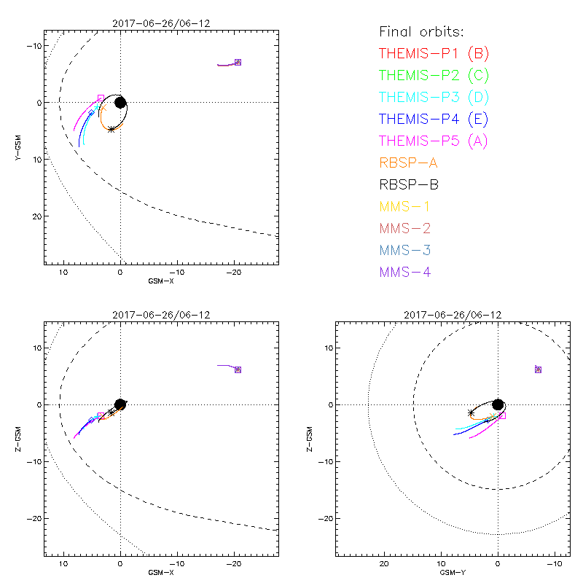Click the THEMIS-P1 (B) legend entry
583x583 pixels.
point(434,53)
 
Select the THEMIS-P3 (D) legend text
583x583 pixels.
point(434,97)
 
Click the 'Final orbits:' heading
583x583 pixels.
point(422,31)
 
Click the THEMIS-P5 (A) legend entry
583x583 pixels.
point(434,141)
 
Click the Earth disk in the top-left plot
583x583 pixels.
point(120,103)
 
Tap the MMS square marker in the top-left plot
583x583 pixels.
point(238,62)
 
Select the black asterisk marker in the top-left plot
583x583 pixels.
point(111,130)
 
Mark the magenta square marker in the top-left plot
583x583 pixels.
point(101,98)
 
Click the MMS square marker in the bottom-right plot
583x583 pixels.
point(538,369)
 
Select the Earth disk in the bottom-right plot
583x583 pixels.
point(498,404)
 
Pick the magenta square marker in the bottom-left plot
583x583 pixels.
point(101,415)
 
